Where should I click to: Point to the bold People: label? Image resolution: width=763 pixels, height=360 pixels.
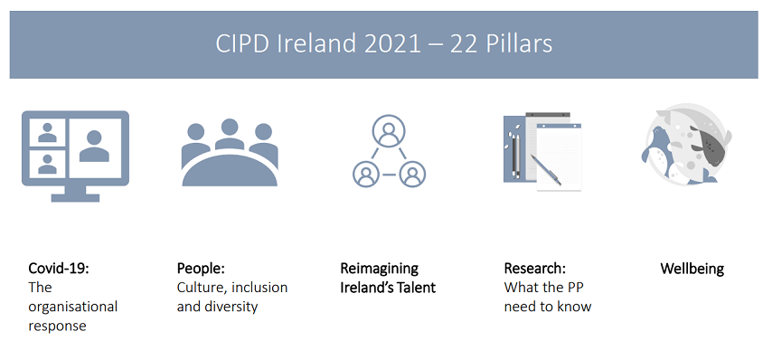tap(200, 269)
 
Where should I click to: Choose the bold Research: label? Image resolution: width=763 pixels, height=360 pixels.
tap(534, 269)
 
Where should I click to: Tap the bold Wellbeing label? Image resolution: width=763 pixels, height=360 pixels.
tap(692, 269)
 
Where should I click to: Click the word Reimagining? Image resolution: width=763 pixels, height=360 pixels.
tap(379, 269)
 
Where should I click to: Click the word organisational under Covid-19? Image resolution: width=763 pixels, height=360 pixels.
tap(73, 307)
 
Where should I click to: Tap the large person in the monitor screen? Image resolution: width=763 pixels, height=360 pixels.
tap(95, 145)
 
